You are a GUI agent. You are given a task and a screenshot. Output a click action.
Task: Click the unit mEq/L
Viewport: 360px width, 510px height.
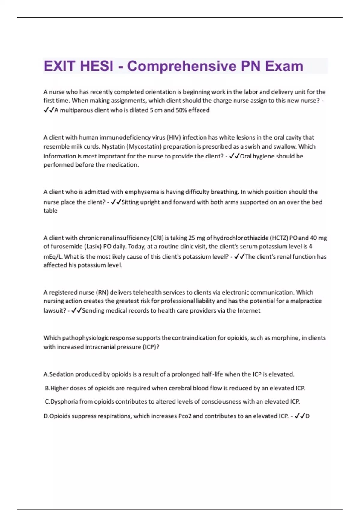(x=53, y=257)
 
